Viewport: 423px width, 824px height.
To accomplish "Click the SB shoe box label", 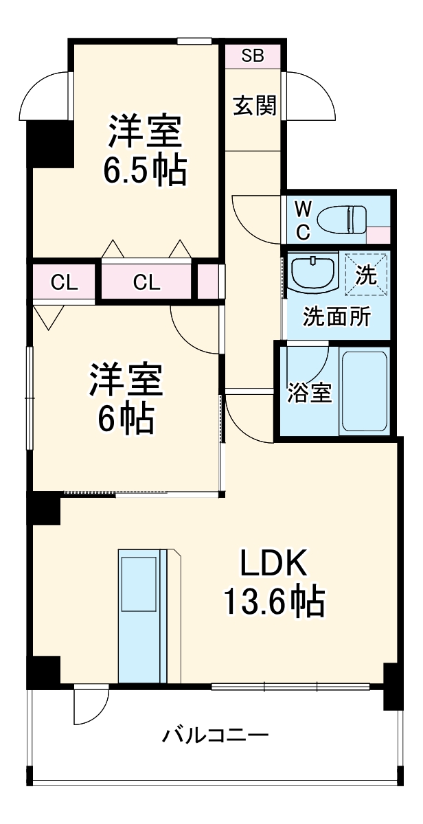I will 253,56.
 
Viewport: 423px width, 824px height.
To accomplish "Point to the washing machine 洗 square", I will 366,275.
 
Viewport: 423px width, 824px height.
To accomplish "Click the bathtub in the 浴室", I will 365,392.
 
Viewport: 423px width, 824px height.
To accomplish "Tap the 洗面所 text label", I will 337,317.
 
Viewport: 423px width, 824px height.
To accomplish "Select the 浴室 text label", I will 310,393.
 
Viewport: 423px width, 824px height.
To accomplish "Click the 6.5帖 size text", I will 144,172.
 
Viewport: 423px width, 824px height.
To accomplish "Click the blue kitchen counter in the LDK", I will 141,615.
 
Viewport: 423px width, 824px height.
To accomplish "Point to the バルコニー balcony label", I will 215,736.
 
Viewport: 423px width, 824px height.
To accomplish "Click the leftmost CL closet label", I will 63,282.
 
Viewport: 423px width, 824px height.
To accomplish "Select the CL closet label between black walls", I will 147,282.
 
